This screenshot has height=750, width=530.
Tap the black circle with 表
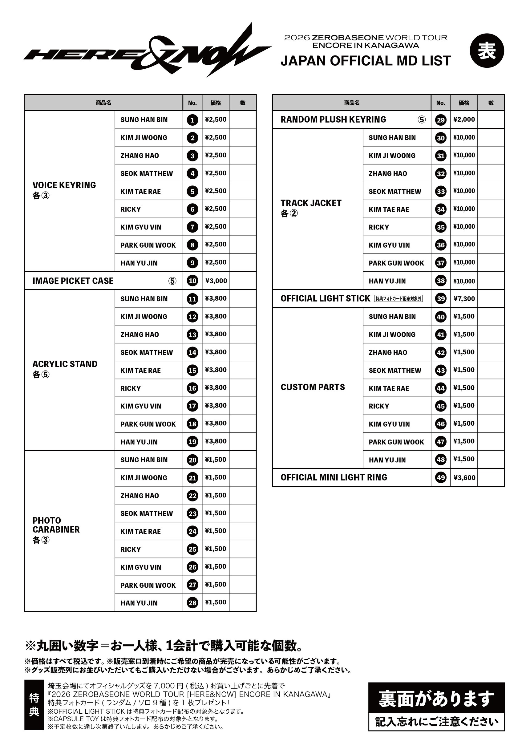click(x=487, y=51)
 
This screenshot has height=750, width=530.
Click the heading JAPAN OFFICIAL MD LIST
click(x=366, y=61)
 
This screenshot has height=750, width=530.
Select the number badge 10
click(x=192, y=281)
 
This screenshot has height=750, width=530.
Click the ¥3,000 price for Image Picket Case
click(x=216, y=281)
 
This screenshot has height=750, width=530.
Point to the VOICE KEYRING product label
click(x=64, y=185)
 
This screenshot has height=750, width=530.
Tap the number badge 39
click(x=440, y=298)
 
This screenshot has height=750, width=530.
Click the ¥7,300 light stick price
click(x=464, y=298)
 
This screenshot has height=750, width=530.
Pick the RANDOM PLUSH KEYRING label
click(x=333, y=120)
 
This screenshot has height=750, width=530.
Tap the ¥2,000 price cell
click(x=464, y=120)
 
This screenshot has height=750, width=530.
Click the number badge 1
click(x=192, y=120)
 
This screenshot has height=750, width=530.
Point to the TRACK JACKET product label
click(x=311, y=203)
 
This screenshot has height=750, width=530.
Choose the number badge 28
click(x=192, y=603)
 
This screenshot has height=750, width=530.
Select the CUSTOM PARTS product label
click(x=313, y=387)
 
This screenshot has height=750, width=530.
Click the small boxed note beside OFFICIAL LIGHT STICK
click(x=398, y=298)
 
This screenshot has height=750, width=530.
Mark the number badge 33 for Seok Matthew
click(x=440, y=191)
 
